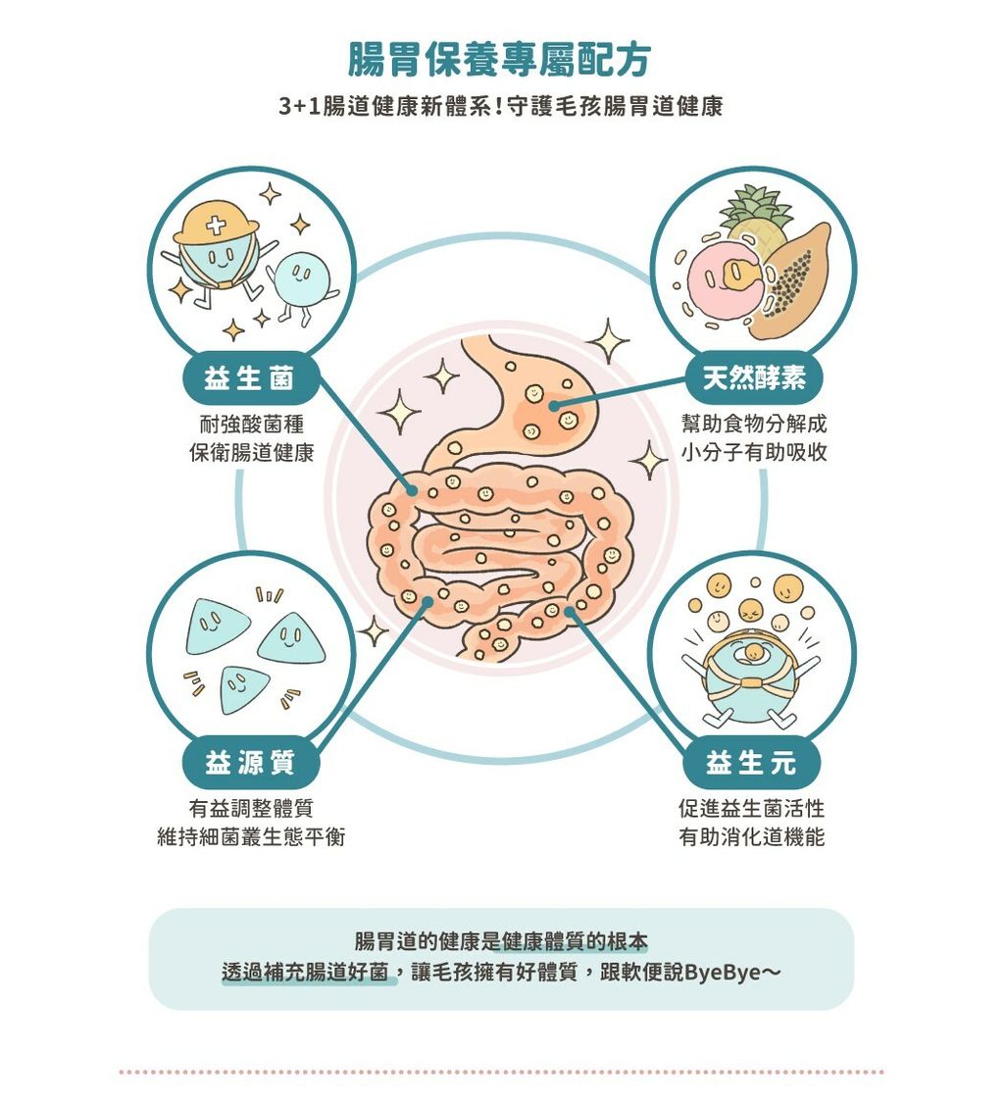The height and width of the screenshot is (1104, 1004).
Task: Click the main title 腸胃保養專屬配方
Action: tap(499, 60)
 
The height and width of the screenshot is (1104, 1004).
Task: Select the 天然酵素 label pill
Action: tap(754, 378)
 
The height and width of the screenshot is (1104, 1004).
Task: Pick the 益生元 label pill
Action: tap(751, 763)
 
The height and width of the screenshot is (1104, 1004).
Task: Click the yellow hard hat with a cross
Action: tap(216, 223)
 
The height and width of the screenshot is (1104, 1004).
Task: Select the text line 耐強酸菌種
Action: tap(251, 425)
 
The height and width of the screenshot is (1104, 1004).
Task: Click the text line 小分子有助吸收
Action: tap(753, 452)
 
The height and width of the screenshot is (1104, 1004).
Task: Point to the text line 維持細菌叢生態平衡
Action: tap(251, 837)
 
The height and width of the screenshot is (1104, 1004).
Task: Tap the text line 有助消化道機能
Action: tap(751, 837)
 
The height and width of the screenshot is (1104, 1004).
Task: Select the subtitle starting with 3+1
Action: tap(501, 106)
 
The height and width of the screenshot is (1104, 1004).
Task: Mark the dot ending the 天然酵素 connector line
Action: tap(554, 406)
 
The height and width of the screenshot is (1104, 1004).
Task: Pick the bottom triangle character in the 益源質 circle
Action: tap(243, 689)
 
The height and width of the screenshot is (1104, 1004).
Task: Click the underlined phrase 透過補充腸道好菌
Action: tap(306, 973)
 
